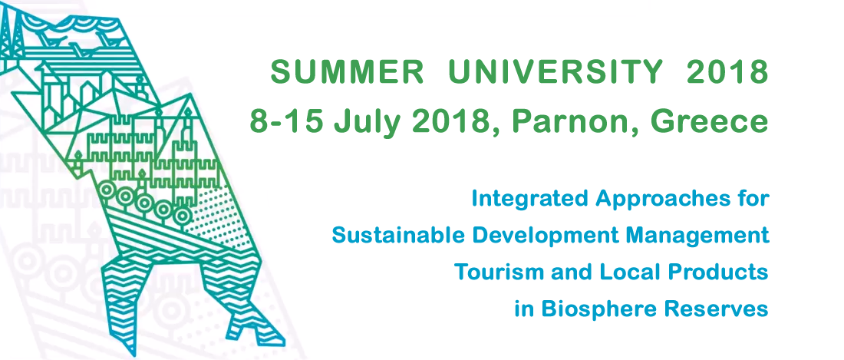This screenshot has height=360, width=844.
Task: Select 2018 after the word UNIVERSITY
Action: tap(727, 73)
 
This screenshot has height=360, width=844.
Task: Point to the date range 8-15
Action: tap(287, 122)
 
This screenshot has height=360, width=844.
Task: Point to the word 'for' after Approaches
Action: tap(753, 198)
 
